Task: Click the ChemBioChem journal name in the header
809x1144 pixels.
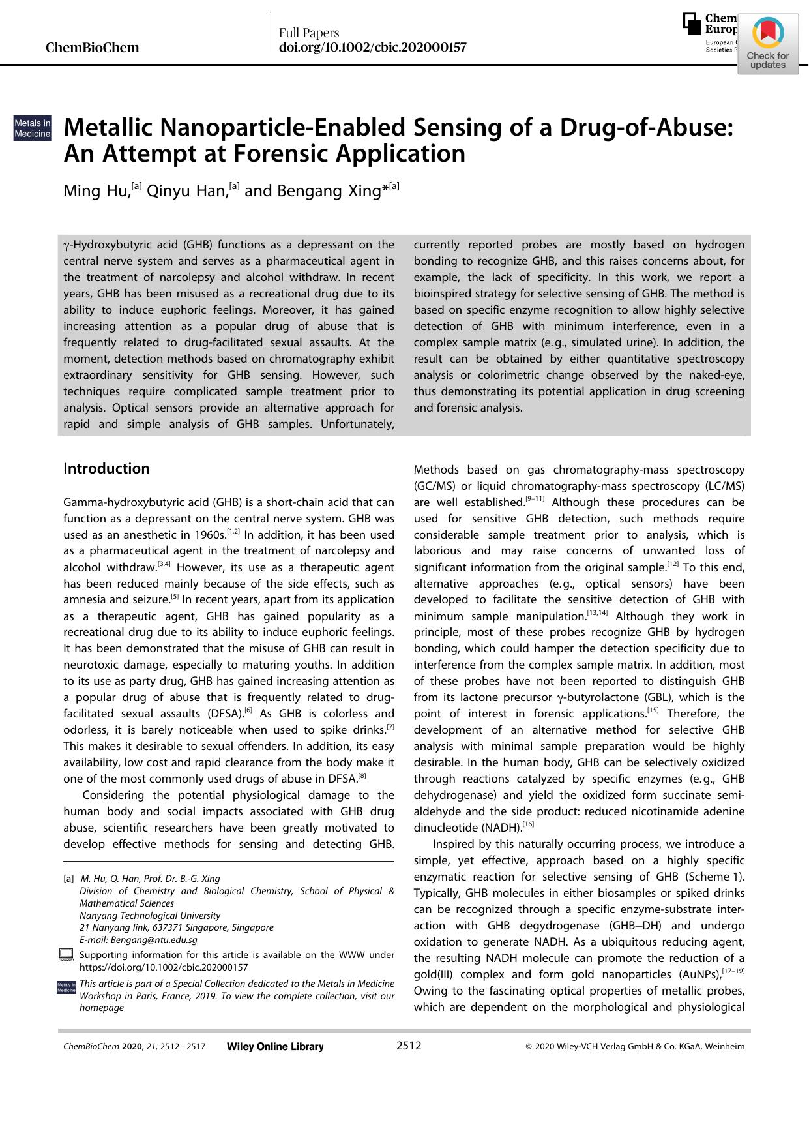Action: (x=92, y=48)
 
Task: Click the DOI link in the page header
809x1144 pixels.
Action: (x=372, y=48)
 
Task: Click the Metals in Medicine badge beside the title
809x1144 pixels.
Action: (x=33, y=128)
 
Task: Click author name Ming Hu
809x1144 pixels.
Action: (x=96, y=191)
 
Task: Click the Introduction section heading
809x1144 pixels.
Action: (x=106, y=468)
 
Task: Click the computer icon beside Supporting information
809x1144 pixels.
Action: (x=65, y=956)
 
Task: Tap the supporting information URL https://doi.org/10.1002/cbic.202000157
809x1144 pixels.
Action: (x=163, y=967)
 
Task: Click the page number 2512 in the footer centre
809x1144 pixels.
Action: (x=409, y=1046)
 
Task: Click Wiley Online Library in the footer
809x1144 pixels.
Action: (x=275, y=1046)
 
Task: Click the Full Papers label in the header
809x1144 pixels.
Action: (x=309, y=33)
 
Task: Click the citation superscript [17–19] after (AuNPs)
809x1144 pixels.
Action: (x=733, y=971)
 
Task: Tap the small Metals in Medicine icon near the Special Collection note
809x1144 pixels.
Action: (x=66, y=987)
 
